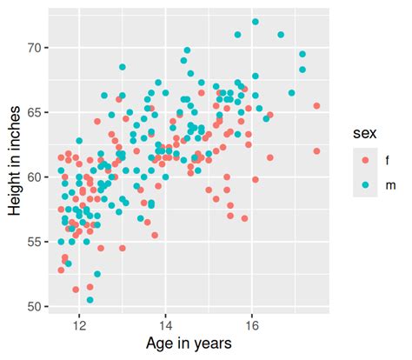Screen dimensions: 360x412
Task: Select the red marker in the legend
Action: click(363, 160)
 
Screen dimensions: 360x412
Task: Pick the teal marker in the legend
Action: click(363, 184)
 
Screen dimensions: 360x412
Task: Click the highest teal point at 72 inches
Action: click(256, 22)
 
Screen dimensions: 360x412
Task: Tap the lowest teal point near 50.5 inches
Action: click(90, 300)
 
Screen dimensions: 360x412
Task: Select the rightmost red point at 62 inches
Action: click(317, 151)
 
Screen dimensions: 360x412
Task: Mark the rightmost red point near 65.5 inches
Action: click(317, 106)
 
